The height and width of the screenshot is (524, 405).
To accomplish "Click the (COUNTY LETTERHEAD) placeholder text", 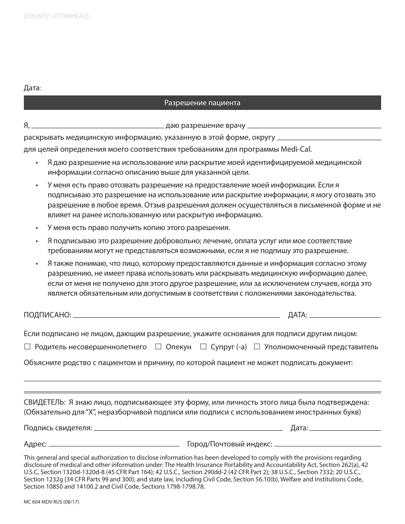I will pyautogui.click(x=56, y=17).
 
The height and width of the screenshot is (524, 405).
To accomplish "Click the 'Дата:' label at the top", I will pyautogui.click(x=32, y=88).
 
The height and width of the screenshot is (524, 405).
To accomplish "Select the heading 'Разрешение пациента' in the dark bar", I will pyautogui.click(x=202, y=103).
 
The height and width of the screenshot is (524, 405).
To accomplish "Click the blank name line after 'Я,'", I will pyautogui.click(x=98, y=126).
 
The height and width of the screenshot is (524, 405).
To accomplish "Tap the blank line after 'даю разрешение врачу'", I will pyautogui.click(x=314, y=126).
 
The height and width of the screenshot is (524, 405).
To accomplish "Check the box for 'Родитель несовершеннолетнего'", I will pyautogui.click(x=27, y=347).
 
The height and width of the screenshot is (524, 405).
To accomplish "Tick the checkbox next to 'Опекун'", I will pyautogui.click(x=158, y=347).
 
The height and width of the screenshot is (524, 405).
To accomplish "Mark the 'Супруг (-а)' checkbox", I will pyautogui.click(x=203, y=347).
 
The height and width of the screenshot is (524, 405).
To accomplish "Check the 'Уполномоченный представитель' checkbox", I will pyautogui.click(x=257, y=347).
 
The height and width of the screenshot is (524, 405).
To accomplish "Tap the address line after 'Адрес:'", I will pyautogui.click(x=114, y=445).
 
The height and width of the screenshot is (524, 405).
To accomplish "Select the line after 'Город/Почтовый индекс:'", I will pyautogui.click(x=327, y=445).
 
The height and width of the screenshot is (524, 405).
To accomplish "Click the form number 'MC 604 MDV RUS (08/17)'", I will pyautogui.click(x=52, y=502).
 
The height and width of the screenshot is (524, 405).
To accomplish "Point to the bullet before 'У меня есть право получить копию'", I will pyautogui.click(x=37, y=228).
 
